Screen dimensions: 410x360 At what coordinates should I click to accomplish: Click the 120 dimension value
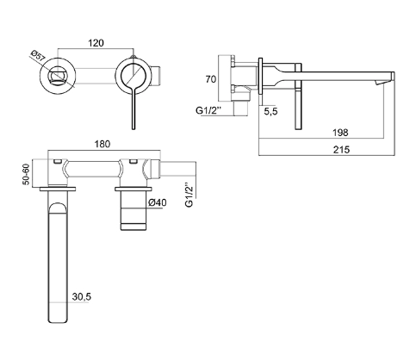[x=96, y=43]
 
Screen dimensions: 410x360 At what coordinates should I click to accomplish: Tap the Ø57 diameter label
[x=38, y=56]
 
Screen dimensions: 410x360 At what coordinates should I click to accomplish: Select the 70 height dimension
[x=211, y=79]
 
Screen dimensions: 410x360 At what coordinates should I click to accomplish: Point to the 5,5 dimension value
[x=270, y=111]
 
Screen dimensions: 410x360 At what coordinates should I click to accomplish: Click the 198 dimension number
[x=340, y=133]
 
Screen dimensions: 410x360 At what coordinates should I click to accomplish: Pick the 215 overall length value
[x=341, y=150]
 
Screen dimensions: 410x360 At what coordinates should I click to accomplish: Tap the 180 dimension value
[x=102, y=144]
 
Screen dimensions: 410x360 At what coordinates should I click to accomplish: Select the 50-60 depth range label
[x=26, y=174]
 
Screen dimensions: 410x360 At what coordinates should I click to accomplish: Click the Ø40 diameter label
[x=158, y=202]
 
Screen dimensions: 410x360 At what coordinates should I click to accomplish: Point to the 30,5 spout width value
[x=82, y=296]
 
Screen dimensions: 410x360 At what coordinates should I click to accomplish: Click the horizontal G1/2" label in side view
[x=209, y=110]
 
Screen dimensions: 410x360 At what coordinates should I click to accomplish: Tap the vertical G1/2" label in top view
[x=189, y=195]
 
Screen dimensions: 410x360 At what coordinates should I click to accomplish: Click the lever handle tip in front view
[x=134, y=128]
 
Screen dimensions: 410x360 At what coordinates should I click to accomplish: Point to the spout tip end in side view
[x=393, y=77]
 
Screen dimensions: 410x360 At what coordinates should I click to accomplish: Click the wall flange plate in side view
[x=260, y=76]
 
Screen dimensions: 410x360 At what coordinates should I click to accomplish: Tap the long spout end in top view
[x=58, y=321]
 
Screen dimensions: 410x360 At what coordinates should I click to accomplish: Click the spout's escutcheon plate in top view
[x=58, y=189]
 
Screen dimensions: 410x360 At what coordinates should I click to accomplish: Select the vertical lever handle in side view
[x=299, y=96]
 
